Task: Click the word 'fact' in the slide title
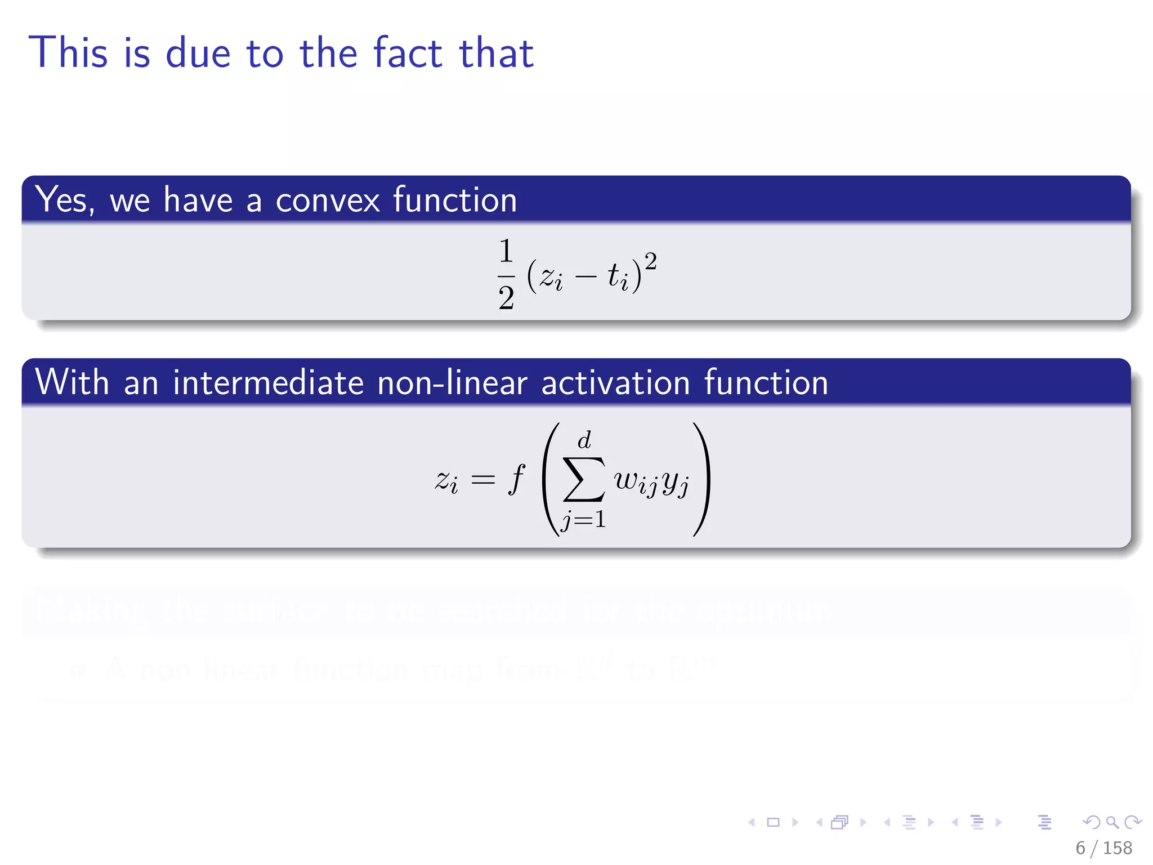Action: pos(408,53)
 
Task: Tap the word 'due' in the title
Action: pos(198,53)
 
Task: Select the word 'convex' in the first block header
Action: pos(328,200)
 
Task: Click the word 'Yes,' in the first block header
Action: pos(64,200)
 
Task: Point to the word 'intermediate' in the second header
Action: pos(269,382)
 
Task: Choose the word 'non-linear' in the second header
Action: pos(452,382)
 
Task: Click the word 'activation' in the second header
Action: pos(615,382)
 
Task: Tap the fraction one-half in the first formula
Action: pos(506,275)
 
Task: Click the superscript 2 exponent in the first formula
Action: pos(650,262)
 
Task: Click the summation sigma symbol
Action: pos(584,480)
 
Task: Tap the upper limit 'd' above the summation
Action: pos(584,440)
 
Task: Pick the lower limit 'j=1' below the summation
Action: pos(584,519)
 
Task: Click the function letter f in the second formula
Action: pos(516,480)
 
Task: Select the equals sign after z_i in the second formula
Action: pos(483,480)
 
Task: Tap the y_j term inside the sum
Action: pos(675,483)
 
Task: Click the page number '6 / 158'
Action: pos(1103,848)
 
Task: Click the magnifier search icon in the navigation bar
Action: pos(1112,822)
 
